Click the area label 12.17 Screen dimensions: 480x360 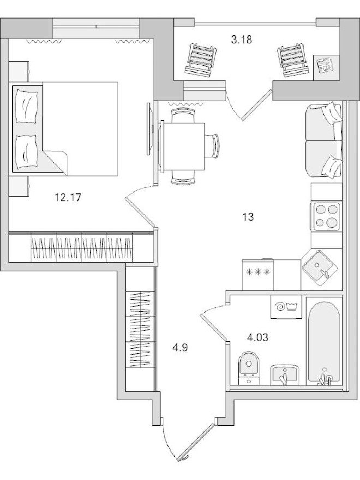pos(68,197)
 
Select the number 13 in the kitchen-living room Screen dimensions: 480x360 pos(248,217)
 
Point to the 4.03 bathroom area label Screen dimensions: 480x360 pos(258,337)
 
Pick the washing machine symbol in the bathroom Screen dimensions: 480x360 pos(286,307)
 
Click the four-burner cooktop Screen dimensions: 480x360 pos(326,217)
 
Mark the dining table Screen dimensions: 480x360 pos(182,146)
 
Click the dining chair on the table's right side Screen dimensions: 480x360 pos(213,146)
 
